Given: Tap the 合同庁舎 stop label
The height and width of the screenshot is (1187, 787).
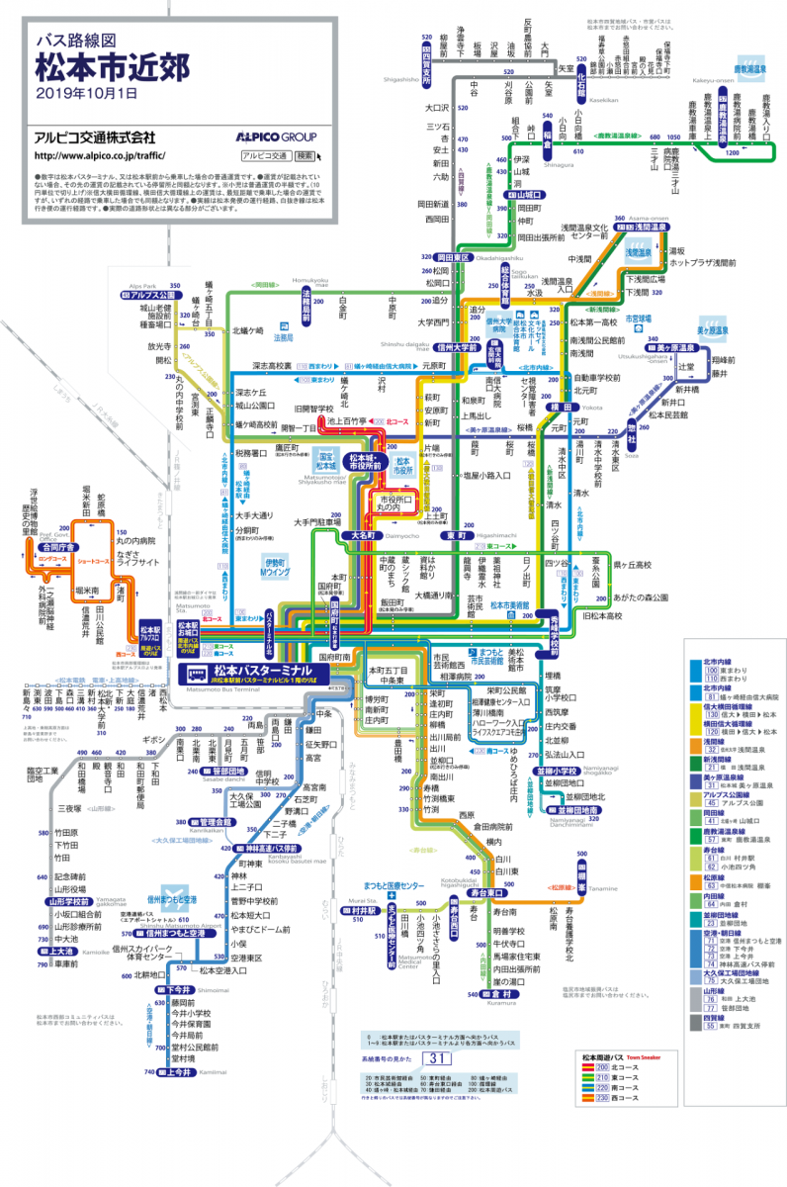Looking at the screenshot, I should pos(57,545).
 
